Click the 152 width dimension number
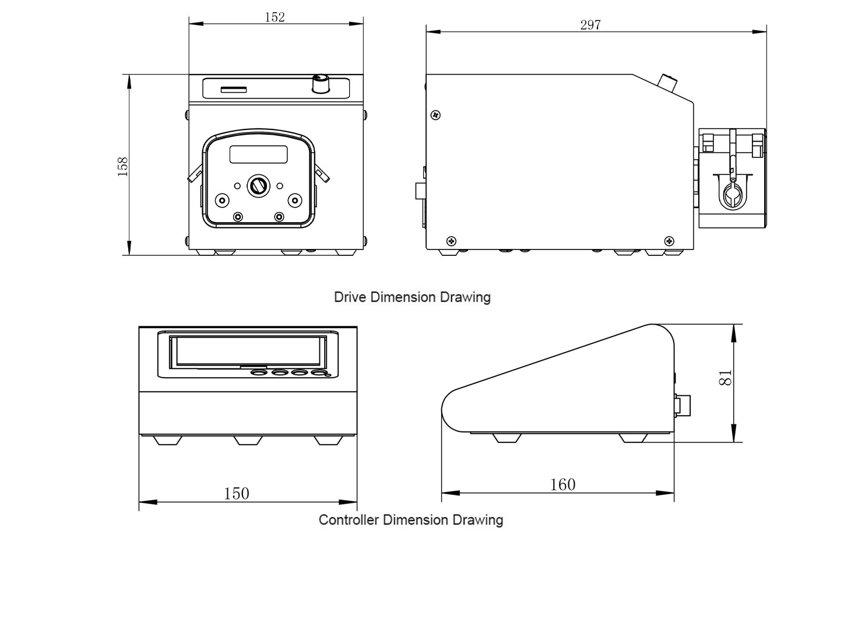tap(275, 17)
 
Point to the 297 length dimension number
tap(590, 25)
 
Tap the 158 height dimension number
tap(123, 167)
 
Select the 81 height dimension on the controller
tap(726, 378)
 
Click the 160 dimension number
tap(562, 484)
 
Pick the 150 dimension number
tap(237, 493)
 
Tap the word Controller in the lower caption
tap(349, 520)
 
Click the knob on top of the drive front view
tap(321, 83)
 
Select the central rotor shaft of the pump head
tap(258, 186)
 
